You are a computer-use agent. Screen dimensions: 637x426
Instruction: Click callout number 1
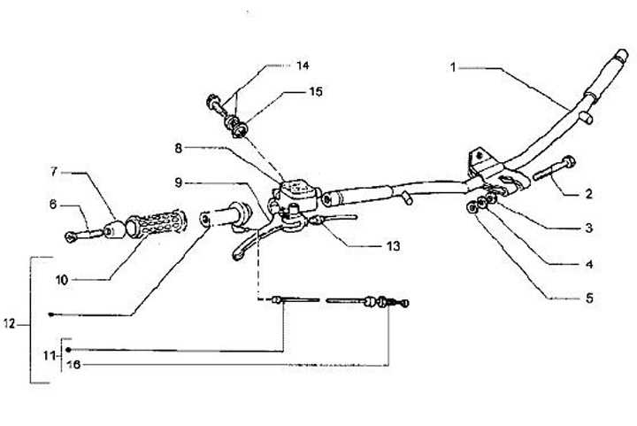tap(451, 66)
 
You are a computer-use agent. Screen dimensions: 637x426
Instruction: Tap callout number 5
tap(589, 298)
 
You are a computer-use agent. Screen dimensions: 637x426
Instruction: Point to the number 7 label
tap(53, 170)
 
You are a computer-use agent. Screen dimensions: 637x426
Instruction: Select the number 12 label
tap(10, 324)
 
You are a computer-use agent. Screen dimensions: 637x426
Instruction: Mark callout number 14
tap(303, 66)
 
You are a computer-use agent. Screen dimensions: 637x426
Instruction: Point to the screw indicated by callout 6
tap(85, 236)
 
